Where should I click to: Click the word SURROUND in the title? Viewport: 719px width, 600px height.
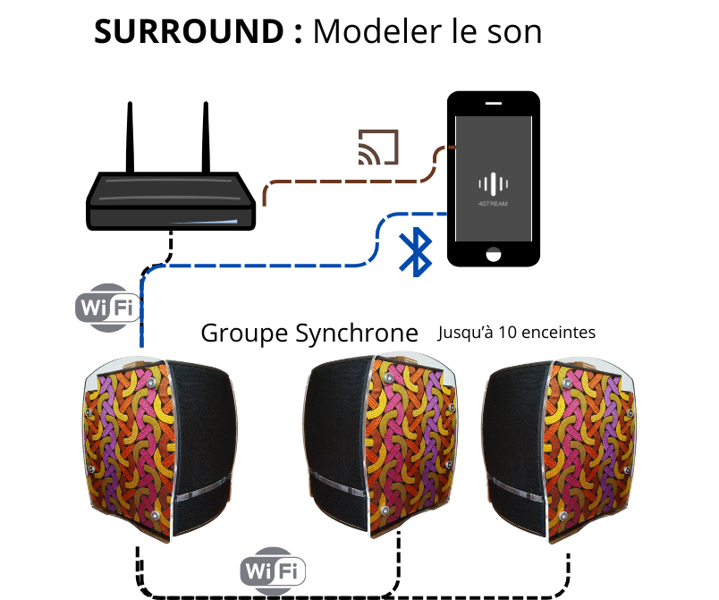[187, 31]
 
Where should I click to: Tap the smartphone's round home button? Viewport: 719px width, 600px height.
[493, 254]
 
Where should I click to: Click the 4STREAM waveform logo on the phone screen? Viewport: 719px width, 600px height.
[493, 185]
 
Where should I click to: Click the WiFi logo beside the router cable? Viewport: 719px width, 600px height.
[108, 307]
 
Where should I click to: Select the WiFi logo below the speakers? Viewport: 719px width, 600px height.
[274, 570]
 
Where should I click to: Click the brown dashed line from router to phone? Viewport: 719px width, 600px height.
[349, 182]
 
